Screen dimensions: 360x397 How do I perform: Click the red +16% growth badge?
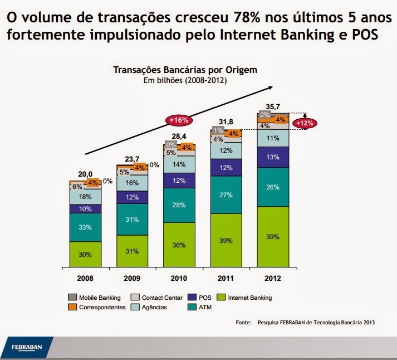coord(180,120)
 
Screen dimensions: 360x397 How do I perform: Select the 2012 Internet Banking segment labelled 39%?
coord(273,237)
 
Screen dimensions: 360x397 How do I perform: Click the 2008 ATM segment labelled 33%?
coord(85,227)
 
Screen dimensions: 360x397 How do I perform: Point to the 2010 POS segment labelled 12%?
coord(179,181)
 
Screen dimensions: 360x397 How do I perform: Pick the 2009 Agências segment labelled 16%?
coord(133,183)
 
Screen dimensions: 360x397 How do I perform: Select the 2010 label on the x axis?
coord(179,278)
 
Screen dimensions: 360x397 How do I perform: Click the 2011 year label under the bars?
coord(226,278)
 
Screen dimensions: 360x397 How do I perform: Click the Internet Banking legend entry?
coord(244,298)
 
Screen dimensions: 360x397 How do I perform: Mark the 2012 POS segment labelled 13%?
coord(273,157)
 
